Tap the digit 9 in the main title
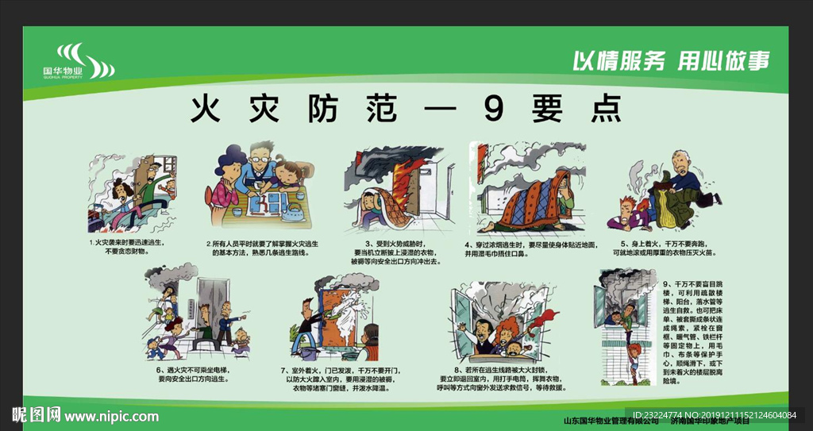(493, 110)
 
